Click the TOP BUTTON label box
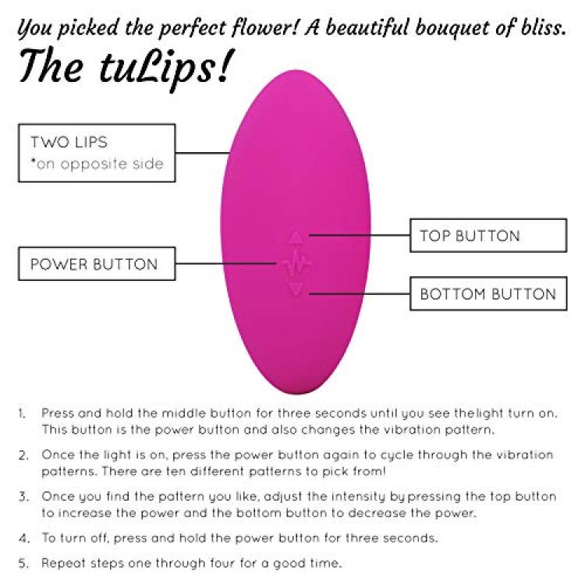[x=488, y=236]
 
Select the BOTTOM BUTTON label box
[x=488, y=293]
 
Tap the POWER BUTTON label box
[x=97, y=264]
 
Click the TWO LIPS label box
[x=97, y=153]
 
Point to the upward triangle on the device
[x=296, y=238]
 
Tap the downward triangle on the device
[x=296, y=289]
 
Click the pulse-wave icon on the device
[x=296, y=263]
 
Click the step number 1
[x=23, y=413]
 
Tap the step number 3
[x=23, y=497]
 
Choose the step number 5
[x=23, y=563]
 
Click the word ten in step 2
[x=175, y=471]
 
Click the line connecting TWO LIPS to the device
[x=203, y=153]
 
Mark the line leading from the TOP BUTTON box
[x=360, y=235]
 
